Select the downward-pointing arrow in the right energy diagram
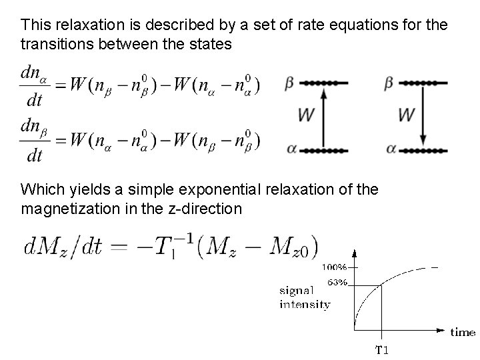(423, 116)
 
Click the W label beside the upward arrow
(306, 115)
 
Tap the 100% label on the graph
(335, 267)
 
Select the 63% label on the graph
(337, 282)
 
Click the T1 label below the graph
(383, 349)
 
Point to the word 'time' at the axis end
(463, 331)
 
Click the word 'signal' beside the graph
(295, 291)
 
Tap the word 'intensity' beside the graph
(305, 305)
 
